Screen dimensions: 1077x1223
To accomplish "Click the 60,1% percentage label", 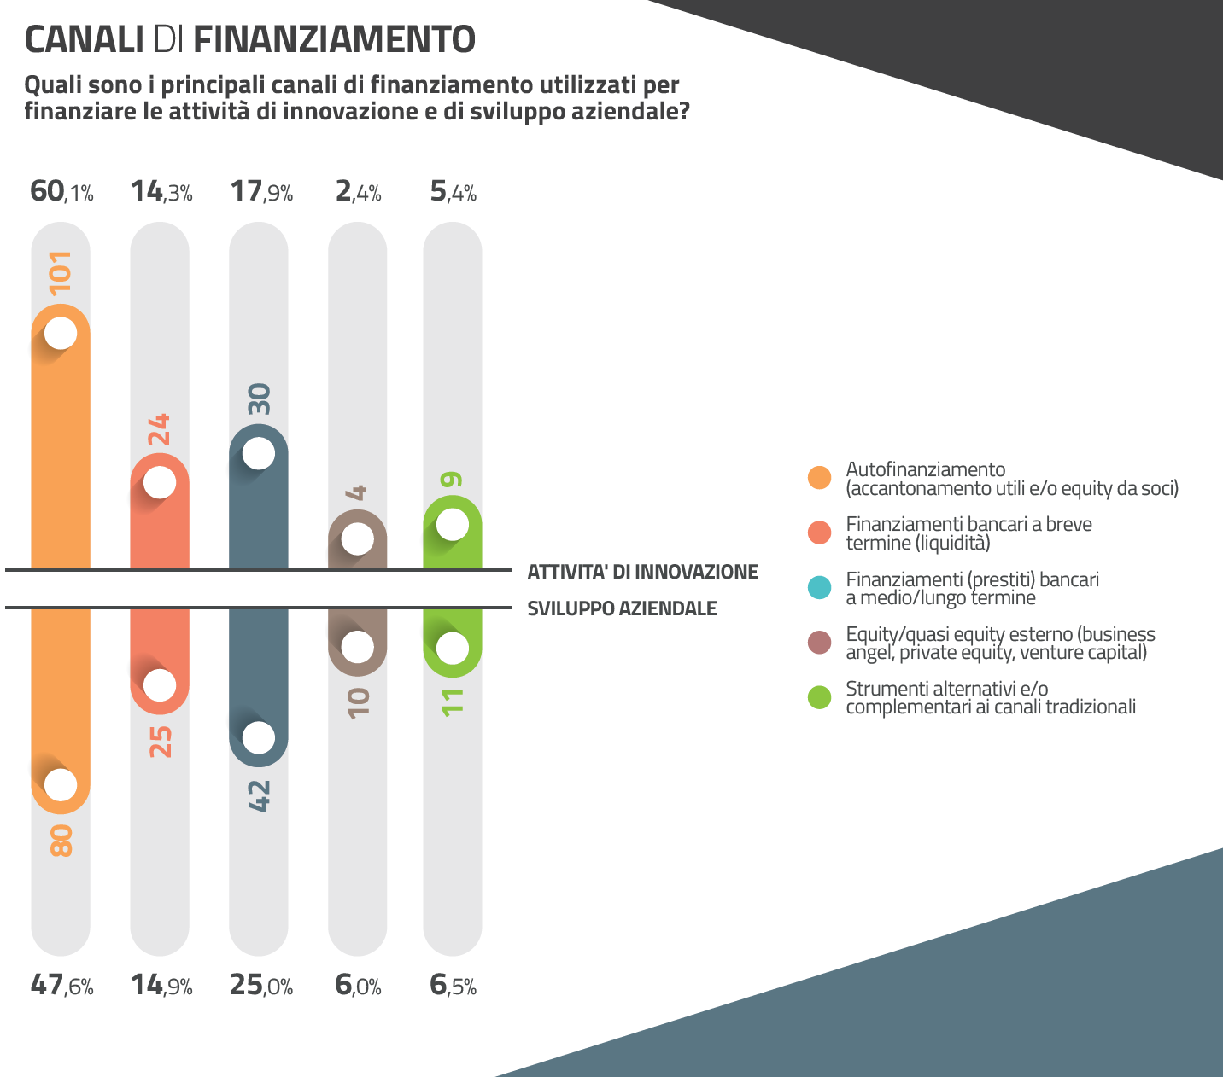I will click(61, 191).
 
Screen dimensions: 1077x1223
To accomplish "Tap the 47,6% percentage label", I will click(61, 986).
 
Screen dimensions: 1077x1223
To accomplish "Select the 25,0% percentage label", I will click(261, 986).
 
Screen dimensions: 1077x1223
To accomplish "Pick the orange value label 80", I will click(61, 841).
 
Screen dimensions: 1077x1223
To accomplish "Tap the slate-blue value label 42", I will click(259, 795).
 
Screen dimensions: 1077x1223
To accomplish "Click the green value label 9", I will click(452, 480).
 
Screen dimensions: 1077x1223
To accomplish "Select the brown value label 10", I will click(359, 702).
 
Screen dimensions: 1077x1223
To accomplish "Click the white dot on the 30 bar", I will click(259, 453).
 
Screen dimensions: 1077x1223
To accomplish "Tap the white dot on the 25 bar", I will click(160, 684).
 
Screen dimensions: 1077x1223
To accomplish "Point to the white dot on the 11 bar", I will click(452, 648).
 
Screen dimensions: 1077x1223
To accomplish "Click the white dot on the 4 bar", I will click(357, 538).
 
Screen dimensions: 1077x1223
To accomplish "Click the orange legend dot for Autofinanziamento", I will click(819, 478).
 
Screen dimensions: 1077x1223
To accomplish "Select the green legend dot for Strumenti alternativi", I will click(819, 697).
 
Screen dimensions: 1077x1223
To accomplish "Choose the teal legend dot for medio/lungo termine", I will click(819, 588).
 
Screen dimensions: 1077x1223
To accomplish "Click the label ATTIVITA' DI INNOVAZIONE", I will click(642, 572).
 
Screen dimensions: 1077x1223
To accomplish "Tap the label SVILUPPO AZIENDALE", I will click(622, 608).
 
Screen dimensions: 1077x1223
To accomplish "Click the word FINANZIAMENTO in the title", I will click(334, 39).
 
